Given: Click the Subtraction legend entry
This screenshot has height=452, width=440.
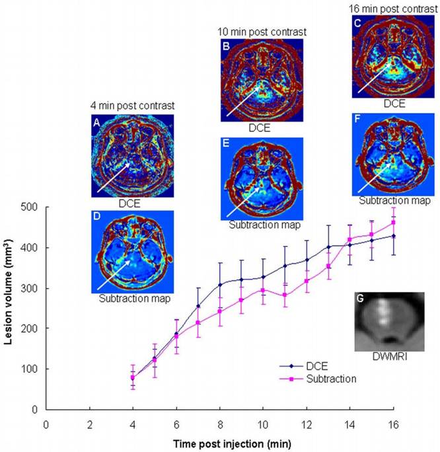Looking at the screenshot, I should click(x=330, y=379).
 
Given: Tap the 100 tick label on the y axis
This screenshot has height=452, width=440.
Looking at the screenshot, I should click(x=31, y=369).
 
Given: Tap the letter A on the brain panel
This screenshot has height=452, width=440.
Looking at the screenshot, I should click(x=96, y=122).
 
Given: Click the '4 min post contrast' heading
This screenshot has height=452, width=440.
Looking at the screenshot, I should click(x=131, y=105).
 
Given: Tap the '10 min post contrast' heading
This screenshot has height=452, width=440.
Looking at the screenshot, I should click(x=262, y=31).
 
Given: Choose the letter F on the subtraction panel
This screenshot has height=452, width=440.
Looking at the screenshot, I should click(x=357, y=120).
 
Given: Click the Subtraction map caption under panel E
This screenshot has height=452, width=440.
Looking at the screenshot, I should click(x=262, y=225).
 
